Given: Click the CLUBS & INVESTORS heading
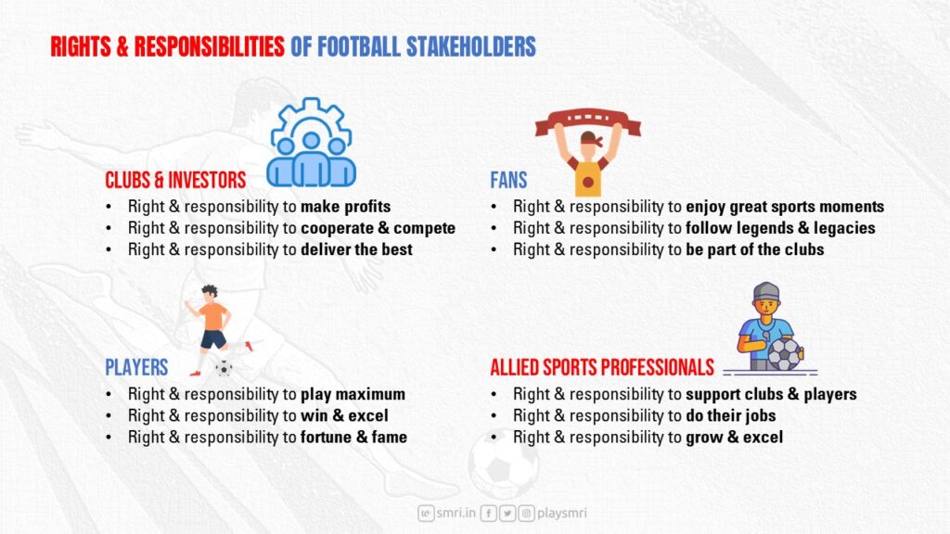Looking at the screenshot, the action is (x=175, y=180).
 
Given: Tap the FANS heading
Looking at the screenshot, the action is (x=508, y=180).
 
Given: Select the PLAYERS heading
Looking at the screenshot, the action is (x=136, y=367).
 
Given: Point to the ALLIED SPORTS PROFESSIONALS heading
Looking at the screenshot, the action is (x=602, y=367).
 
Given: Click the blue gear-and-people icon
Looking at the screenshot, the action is (x=311, y=143).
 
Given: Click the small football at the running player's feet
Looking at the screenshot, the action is (x=224, y=368).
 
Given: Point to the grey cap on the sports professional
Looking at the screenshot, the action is (x=766, y=292).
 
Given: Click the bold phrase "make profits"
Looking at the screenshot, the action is (x=345, y=207).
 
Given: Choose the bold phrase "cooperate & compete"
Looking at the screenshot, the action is (x=379, y=228).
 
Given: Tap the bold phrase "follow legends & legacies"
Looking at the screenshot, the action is (x=780, y=228).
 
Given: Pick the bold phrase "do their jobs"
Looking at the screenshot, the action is (x=731, y=416).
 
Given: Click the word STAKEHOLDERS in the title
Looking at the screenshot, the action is (x=470, y=46).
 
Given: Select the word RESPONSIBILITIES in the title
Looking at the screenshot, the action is (x=209, y=46).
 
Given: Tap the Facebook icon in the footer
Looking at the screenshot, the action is (x=488, y=514).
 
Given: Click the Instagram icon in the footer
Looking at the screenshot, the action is (x=527, y=514).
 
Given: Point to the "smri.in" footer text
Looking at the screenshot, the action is (x=456, y=513).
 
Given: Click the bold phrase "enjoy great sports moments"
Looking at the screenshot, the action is (x=785, y=207).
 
